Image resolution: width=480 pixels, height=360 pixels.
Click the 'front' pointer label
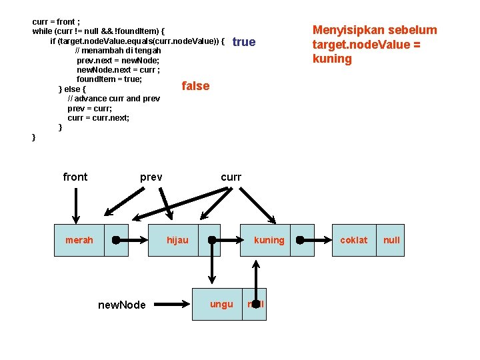(75, 177)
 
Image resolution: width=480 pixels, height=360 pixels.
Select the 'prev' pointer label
(151, 177)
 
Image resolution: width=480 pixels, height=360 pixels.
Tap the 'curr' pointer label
(231, 177)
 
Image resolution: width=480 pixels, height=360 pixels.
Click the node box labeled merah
(79, 240)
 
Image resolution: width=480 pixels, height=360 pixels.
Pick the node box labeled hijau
(177, 240)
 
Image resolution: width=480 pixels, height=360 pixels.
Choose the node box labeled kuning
(269, 240)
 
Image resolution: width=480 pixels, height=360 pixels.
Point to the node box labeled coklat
(353, 240)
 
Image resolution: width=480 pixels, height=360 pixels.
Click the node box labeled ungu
(221, 304)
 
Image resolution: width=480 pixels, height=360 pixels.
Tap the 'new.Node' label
(121, 305)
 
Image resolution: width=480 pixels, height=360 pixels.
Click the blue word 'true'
(244, 42)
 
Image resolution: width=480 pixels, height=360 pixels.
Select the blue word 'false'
(195, 86)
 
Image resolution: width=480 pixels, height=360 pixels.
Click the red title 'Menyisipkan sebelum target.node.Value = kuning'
(375, 44)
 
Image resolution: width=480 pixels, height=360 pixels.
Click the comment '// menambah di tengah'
(118, 51)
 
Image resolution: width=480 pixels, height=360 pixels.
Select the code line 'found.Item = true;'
(109, 79)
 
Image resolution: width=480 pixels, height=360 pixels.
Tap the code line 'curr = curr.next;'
(99, 117)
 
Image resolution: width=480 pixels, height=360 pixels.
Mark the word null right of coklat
(392, 240)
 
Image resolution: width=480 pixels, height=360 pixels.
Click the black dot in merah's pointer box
(116, 240)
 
